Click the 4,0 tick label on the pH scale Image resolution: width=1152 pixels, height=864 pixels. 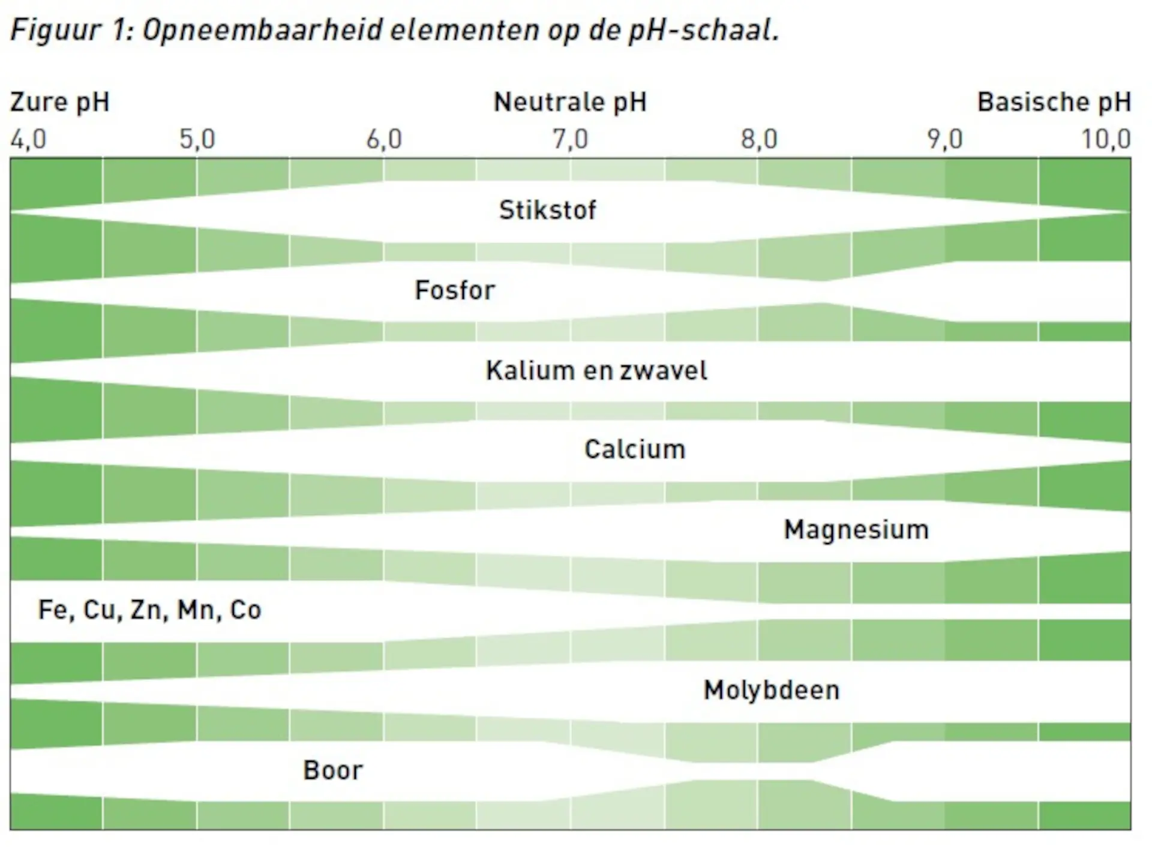click(28, 140)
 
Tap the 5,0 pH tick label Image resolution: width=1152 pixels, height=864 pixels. click(197, 140)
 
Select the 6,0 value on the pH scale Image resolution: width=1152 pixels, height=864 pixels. click(384, 140)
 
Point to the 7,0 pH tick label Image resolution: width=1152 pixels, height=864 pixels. click(571, 140)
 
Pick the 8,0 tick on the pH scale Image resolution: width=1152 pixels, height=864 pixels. click(759, 140)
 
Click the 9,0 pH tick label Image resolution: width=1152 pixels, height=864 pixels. click(945, 140)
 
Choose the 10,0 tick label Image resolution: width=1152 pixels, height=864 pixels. click(1106, 140)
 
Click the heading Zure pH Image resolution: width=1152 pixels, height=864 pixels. click(60, 103)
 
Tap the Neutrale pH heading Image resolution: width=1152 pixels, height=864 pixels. click(570, 103)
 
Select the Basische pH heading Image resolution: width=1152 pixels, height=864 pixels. click(1054, 103)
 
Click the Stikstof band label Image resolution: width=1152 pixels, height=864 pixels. click(548, 211)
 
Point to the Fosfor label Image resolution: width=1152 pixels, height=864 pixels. click(455, 290)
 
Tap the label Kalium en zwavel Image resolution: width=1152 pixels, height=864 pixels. click(596, 371)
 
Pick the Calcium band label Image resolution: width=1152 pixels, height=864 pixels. click(635, 449)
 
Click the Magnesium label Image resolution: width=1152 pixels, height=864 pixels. click(856, 530)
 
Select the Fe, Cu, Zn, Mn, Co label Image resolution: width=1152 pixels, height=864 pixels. click(150, 610)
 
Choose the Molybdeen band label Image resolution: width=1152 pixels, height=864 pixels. click(772, 691)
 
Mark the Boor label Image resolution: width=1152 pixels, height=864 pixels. click(333, 770)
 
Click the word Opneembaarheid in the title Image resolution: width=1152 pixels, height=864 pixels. click(262, 30)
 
